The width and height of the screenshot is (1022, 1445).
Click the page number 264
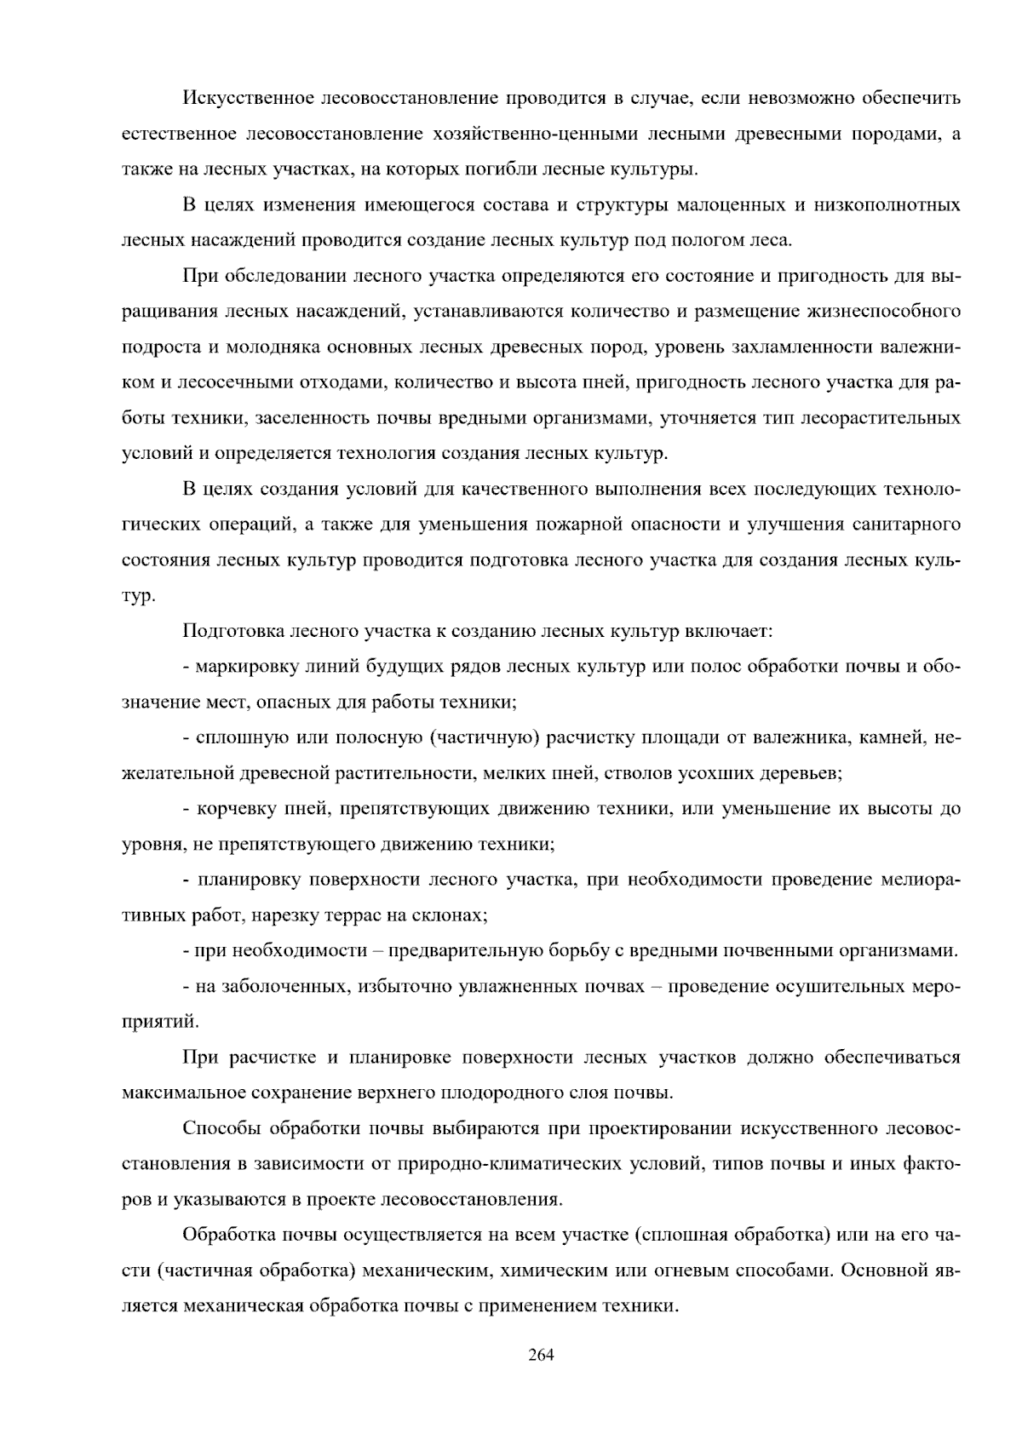tap(541, 1355)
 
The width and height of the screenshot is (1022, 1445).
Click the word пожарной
tap(572, 524)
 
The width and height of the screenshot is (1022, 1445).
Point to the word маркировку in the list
tap(245, 666)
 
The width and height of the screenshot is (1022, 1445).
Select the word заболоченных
tap(284, 986)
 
